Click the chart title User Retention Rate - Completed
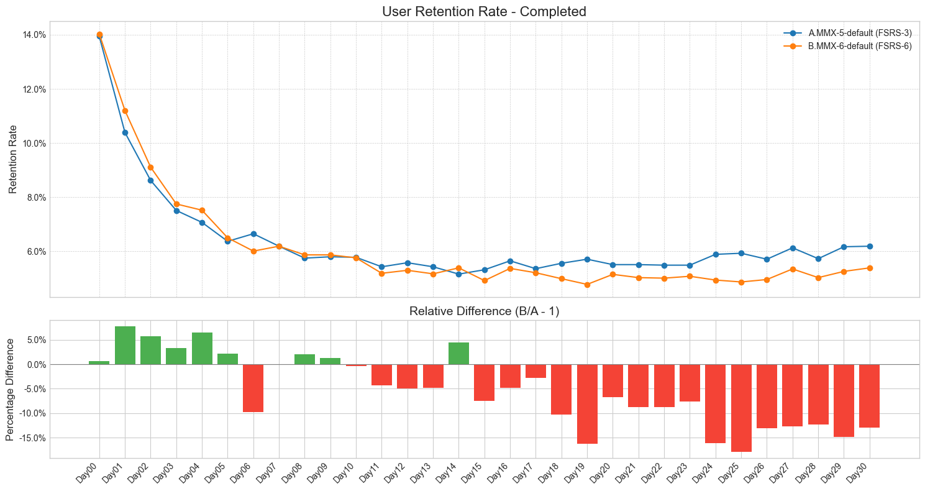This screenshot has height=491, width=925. click(484, 11)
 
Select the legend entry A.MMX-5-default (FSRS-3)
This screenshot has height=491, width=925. click(860, 32)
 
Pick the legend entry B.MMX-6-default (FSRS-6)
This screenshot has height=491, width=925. click(860, 46)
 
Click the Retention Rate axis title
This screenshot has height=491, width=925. click(13, 158)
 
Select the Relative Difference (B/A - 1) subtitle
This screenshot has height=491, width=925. click(484, 311)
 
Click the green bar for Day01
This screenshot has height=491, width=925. click(125, 346)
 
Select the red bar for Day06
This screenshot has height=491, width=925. click(253, 388)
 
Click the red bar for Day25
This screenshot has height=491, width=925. click(741, 408)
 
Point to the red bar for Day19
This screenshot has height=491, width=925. click(587, 404)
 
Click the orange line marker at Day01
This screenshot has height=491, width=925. click(125, 111)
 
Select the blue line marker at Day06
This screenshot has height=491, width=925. click(253, 234)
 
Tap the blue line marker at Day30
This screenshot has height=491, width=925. click(870, 246)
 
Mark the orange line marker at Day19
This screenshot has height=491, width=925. click(587, 285)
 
